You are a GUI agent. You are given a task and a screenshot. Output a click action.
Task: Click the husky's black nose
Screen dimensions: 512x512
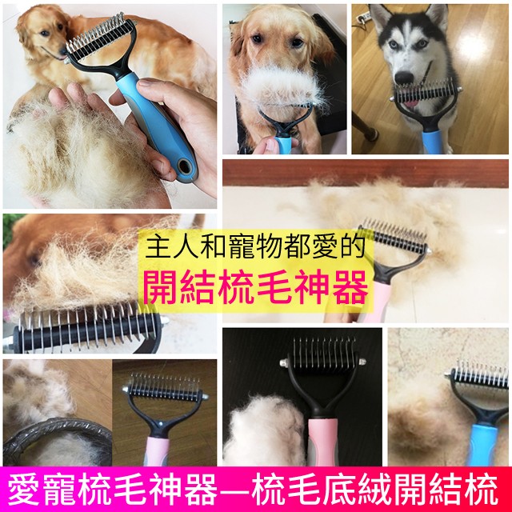(x=403, y=78)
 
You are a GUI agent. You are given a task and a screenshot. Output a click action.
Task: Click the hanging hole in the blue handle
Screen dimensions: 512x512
(x=185, y=167)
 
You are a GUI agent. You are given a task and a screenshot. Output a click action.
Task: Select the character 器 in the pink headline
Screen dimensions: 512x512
(x=351, y=288)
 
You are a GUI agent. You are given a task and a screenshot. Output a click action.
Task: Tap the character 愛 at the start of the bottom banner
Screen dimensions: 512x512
(x=23, y=490)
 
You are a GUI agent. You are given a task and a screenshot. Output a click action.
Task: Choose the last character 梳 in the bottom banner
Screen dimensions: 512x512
(x=483, y=490)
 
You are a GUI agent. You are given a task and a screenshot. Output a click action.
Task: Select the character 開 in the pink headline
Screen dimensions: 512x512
(x=161, y=288)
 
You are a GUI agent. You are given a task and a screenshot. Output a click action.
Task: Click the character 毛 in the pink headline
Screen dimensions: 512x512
(x=275, y=288)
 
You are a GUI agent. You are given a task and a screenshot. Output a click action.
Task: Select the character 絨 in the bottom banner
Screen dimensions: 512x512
(x=376, y=490)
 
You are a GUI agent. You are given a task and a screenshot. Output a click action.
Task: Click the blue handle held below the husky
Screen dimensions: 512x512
(x=433, y=142)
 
